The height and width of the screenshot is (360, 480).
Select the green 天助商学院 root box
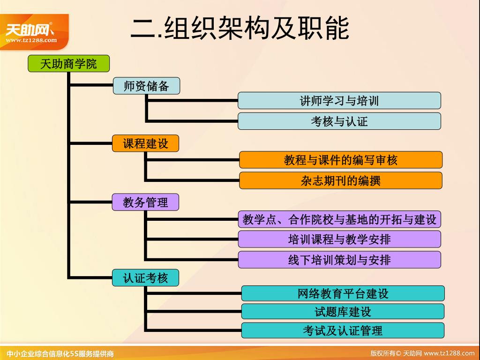[68, 64]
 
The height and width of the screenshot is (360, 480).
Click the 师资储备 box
[146, 86]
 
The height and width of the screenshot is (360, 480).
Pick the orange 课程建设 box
[145, 143]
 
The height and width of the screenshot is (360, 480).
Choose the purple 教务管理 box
[145, 202]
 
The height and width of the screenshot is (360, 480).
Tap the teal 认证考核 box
[145, 277]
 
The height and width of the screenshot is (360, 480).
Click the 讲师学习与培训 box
[339, 101]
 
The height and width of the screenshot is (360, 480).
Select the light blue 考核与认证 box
[339, 121]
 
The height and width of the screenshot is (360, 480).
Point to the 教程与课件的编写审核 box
[341, 160]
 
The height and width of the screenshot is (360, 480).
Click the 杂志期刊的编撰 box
[341, 180]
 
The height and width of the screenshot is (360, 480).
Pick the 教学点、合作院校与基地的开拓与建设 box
[339, 219]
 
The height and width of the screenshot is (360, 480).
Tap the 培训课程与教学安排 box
[339, 240]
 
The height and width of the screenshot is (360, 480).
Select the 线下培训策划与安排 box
[339, 260]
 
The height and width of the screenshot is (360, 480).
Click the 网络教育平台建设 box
[343, 294]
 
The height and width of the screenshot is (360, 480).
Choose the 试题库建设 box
[343, 312]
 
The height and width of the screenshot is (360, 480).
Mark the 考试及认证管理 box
[343, 330]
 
